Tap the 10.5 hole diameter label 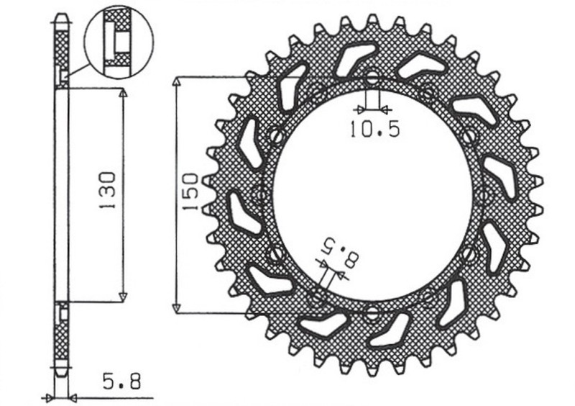[x=374, y=130]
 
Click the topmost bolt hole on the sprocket [x=372, y=76]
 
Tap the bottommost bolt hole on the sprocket [x=372, y=312]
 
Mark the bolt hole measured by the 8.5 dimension [x=317, y=296]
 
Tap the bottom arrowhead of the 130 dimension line [x=123, y=296]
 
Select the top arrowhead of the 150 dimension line [x=177, y=81]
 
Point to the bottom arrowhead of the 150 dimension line [x=177, y=308]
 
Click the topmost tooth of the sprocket [x=372, y=21]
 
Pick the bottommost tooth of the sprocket [x=372, y=367]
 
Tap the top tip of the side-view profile [x=63, y=15]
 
